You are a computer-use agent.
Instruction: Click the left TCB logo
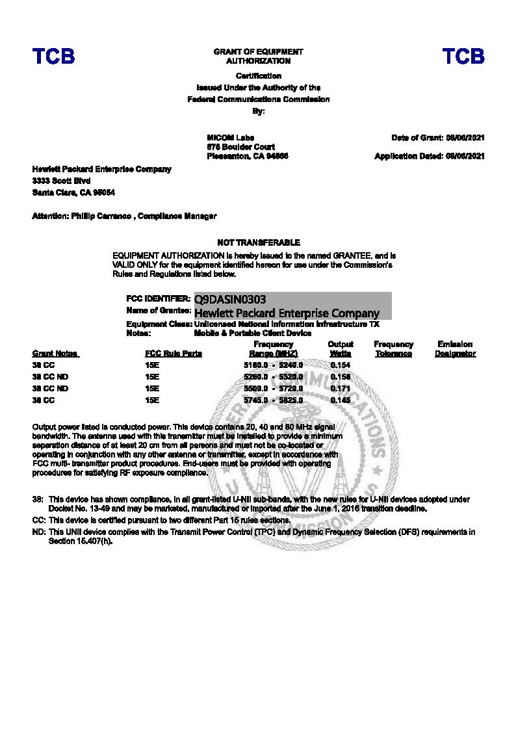pyautogui.click(x=54, y=57)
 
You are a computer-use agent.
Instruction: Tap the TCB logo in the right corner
pyautogui.click(x=463, y=57)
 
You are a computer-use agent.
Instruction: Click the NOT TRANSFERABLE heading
pyautogui.click(x=259, y=242)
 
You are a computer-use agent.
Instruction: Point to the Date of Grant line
pyautogui.click(x=438, y=138)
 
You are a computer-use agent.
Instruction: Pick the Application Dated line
pyautogui.click(x=430, y=156)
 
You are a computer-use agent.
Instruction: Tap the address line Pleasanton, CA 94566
pyautogui.click(x=247, y=156)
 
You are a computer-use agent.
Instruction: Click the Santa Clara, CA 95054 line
pyautogui.click(x=74, y=192)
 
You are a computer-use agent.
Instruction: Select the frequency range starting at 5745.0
pyautogui.click(x=273, y=400)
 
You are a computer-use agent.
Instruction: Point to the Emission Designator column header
pyautogui.click(x=455, y=349)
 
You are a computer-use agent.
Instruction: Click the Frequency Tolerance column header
pyautogui.click(x=393, y=349)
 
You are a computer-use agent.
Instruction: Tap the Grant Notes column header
pyautogui.click(x=55, y=354)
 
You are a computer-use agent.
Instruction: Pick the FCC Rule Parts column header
pyautogui.click(x=174, y=354)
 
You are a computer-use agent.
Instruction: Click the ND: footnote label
pyautogui.click(x=38, y=532)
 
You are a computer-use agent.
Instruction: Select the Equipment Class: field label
pyautogui.click(x=159, y=324)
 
